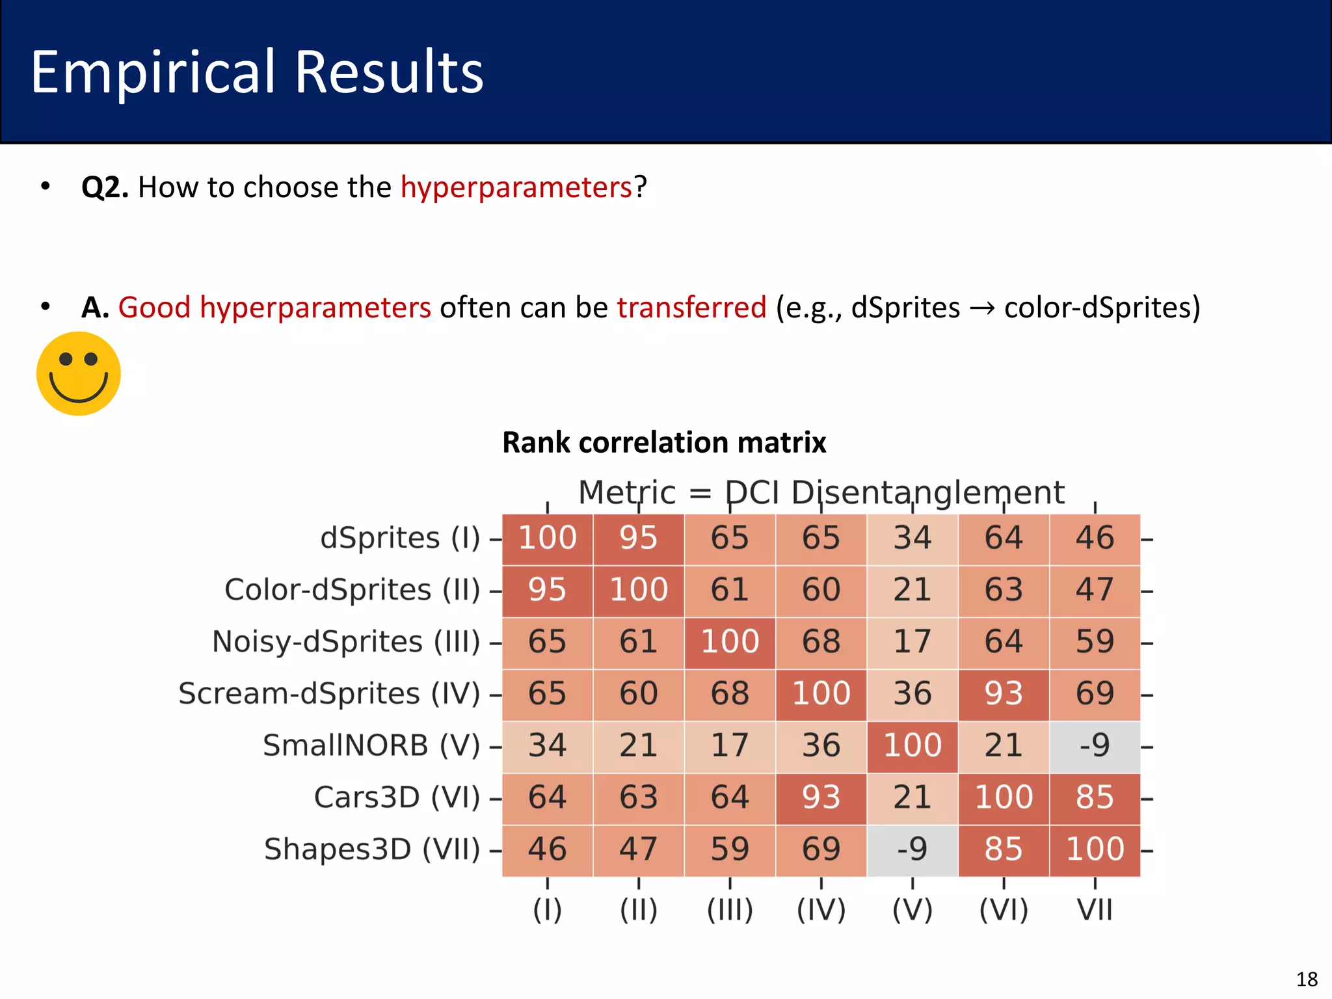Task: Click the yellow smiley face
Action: click(79, 373)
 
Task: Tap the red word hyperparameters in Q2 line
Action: click(516, 187)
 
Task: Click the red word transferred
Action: click(691, 307)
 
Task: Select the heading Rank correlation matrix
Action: click(664, 442)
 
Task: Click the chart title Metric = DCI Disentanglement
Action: click(821, 492)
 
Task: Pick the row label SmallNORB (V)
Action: click(371, 745)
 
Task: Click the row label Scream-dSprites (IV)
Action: click(329, 693)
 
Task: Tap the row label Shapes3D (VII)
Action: click(371, 849)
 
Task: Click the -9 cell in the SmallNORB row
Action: click(1095, 746)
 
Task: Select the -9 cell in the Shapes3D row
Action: click(912, 849)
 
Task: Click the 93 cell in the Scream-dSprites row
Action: click(1004, 694)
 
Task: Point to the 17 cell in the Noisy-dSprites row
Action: click(912, 642)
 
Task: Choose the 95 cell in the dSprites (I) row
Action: click(638, 539)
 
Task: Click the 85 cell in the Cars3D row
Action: click(1095, 797)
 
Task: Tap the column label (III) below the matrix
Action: click(730, 910)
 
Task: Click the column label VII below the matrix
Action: click(1095, 910)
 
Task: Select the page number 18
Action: click(1307, 979)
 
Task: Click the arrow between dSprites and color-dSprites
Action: click(981, 308)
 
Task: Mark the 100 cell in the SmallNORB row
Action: click(912, 746)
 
